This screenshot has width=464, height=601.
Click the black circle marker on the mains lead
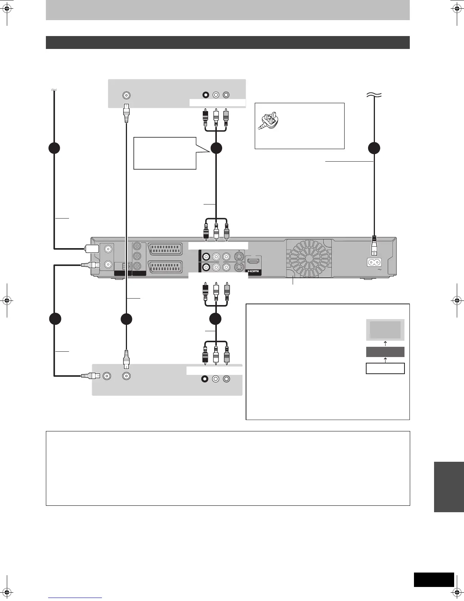pyautogui.click(x=374, y=148)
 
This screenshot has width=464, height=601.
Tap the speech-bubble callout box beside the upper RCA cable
pyautogui.click(x=165, y=153)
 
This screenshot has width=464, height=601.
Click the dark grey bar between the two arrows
pyautogui.click(x=385, y=352)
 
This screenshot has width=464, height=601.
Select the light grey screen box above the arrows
pyautogui.click(x=385, y=329)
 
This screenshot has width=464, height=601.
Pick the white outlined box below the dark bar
pyautogui.click(x=385, y=368)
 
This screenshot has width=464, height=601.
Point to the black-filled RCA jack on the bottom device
pyautogui.click(x=205, y=379)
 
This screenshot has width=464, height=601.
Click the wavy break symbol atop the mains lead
pyautogui.click(x=374, y=96)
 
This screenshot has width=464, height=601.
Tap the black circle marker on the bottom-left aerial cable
pyautogui.click(x=55, y=319)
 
